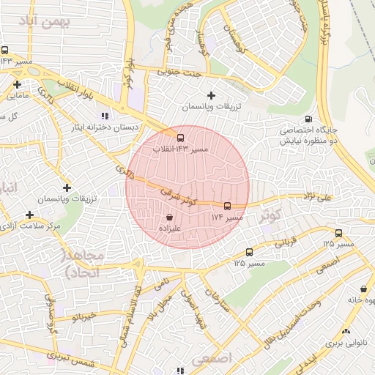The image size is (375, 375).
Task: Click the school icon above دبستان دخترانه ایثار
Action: [x=104, y=116]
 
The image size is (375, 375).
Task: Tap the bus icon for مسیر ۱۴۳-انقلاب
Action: [x=180, y=137]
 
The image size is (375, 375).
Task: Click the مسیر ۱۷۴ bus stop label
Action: [x=227, y=218]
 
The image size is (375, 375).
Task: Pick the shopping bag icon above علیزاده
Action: [x=170, y=217]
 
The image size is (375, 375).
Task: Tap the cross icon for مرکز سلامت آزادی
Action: [x=29, y=215]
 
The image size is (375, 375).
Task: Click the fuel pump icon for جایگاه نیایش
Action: [x=308, y=119]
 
